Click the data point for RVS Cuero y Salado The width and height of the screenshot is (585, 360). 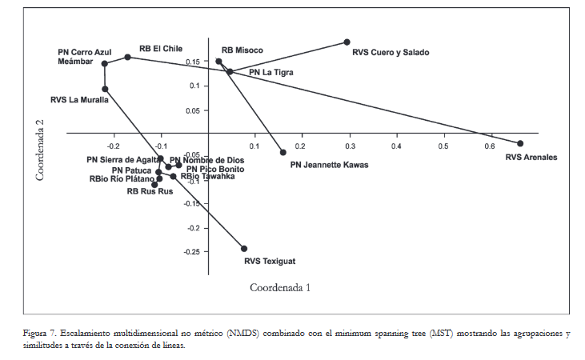point(347,42)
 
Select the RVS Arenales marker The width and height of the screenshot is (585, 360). point(520,143)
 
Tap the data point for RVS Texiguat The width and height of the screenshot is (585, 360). point(244,248)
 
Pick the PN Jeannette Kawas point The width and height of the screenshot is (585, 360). point(283,152)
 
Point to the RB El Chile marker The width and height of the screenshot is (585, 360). point(128,57)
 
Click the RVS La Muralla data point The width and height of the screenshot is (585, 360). point(105,89)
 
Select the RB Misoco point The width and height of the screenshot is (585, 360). point(218,61)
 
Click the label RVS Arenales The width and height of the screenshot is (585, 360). point(531,157)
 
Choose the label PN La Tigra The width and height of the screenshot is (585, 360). point(270,72)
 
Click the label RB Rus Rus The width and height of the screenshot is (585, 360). point(150,192)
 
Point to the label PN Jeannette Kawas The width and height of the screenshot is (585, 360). point(329,165)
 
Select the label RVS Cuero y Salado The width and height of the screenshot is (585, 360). point(391,52)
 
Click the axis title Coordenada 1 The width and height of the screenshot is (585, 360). point(280,287)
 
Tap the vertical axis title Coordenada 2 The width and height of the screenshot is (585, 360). point(39,150)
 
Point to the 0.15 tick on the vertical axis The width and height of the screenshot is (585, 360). point(192,61)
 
